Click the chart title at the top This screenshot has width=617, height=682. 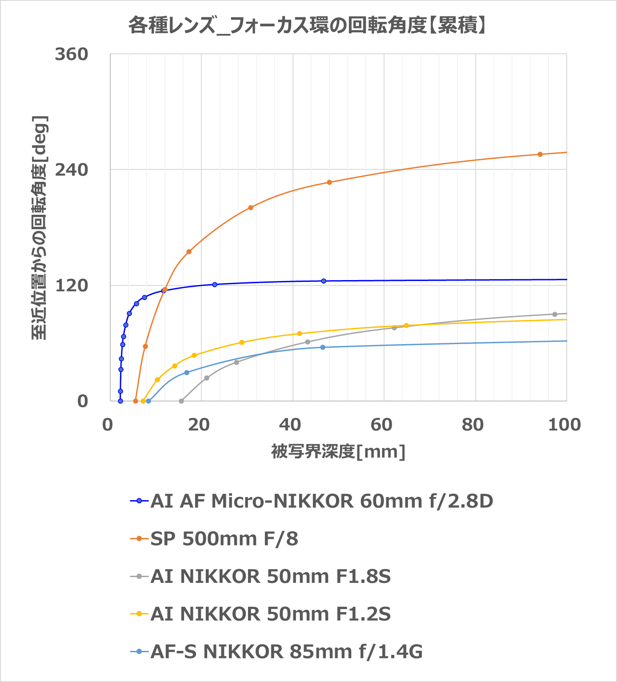tap(308, 26)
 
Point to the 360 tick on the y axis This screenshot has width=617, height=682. tap(72, 54)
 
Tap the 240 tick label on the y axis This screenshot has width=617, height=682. tap(72, 170)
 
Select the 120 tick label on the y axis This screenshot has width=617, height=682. tap(72, 285)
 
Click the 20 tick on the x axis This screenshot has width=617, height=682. tap(199, 425)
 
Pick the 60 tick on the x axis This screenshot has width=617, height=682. tap(381, 425)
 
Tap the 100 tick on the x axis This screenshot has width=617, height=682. tap(564, 425)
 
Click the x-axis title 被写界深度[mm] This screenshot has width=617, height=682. tap(338, 452)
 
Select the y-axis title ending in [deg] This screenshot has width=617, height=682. tap(39, 228)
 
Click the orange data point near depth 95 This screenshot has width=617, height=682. tap(540, 154)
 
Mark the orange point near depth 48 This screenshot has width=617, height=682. tap(329, 182)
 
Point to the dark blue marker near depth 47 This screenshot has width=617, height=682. tap(324, 281)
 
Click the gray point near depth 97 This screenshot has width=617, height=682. tap(554, 314)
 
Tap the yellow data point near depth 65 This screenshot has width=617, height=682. tap(406, 325)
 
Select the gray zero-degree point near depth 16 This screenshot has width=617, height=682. tap(181, 401)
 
